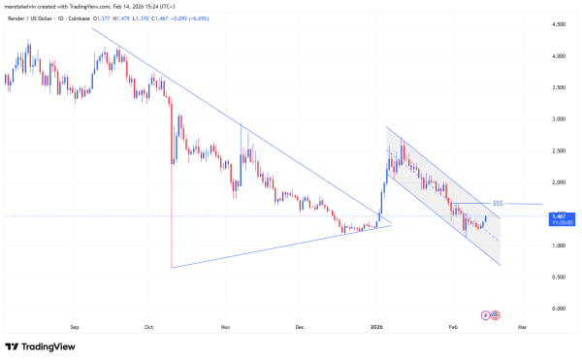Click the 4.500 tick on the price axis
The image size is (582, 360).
coord(560,24)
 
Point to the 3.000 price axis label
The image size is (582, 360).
coord(560,119)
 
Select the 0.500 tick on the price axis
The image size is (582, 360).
coord(560,277)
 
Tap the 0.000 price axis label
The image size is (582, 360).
coord(560,309)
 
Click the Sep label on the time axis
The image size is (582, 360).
coord(75,328)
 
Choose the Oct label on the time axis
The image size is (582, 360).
coord(148,328)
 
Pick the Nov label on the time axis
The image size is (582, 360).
coord(225,328)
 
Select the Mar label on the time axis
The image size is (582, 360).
coord(522,328)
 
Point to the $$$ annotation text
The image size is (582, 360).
coord(498,203)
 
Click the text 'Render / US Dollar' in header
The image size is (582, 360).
coord(34,17)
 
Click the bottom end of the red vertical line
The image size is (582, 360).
coord(171,267)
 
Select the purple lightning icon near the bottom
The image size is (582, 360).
coord(486,314)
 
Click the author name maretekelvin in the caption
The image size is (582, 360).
coord(23,6)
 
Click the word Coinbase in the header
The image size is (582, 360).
coord(93,17)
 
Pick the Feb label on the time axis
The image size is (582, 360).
coord(451,328)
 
